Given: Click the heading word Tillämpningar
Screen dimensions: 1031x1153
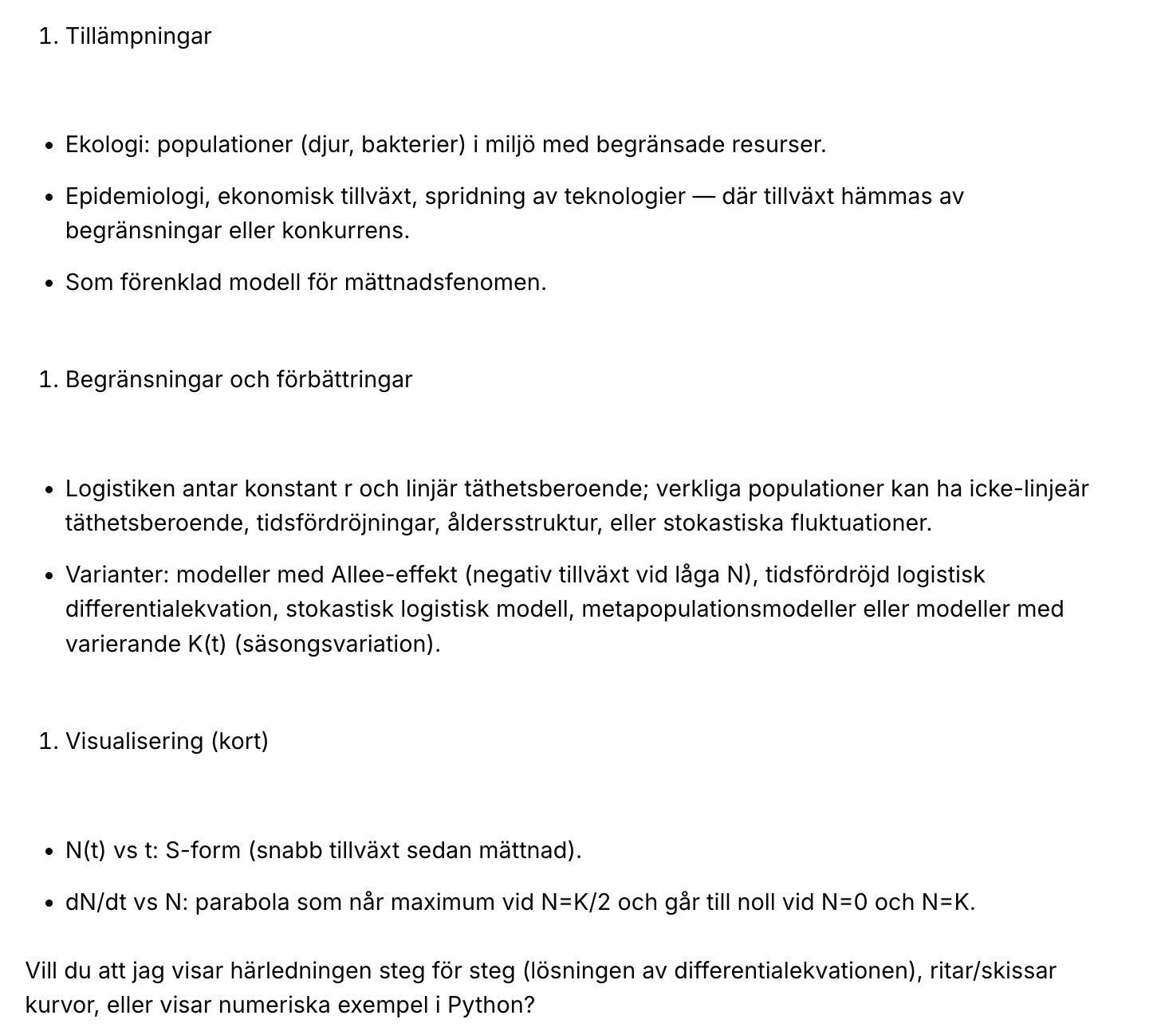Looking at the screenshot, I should tap(138, 37).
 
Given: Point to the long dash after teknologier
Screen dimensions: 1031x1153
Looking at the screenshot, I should tap(703, 197).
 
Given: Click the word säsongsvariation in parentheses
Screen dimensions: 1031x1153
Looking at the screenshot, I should tap(336, 644).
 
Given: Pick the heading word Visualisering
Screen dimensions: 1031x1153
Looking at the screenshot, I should tap(135, 741).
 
